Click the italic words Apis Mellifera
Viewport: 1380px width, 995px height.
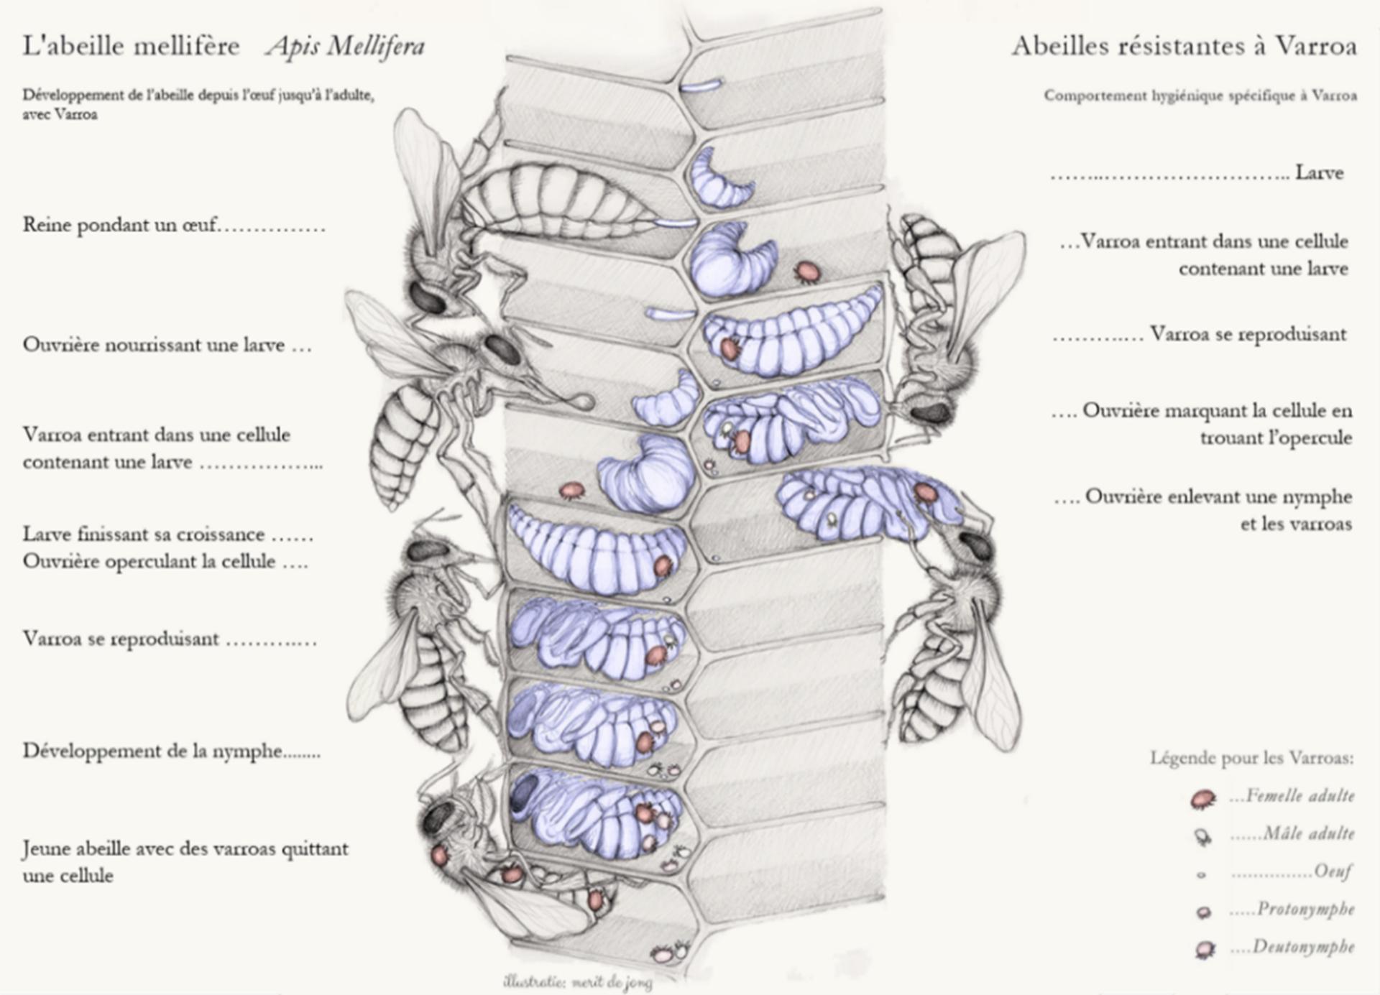[346, 46]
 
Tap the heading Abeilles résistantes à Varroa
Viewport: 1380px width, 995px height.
[1184, 46]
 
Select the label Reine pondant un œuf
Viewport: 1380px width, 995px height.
[119, 225]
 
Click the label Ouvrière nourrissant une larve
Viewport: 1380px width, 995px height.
[154, 345]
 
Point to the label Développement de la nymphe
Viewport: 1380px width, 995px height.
[152, 751]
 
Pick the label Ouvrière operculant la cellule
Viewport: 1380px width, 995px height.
[149, 561]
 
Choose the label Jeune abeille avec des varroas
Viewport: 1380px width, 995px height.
[185, 849]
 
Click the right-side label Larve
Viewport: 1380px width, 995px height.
[1319, 172]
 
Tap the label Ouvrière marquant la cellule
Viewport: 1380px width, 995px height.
[1217, 411]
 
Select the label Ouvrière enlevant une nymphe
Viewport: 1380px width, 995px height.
[1218, 496]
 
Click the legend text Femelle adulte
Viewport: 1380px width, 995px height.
[1300, 795]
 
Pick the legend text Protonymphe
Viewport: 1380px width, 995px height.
[1305, 909]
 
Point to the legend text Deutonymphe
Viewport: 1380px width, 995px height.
[1303, 946]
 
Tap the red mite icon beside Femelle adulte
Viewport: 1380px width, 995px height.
[1202, 798]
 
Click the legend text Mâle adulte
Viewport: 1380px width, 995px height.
[1309, 833]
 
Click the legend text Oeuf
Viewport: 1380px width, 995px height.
[1333, 871]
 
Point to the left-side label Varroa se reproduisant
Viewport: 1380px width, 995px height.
[121, 639]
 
